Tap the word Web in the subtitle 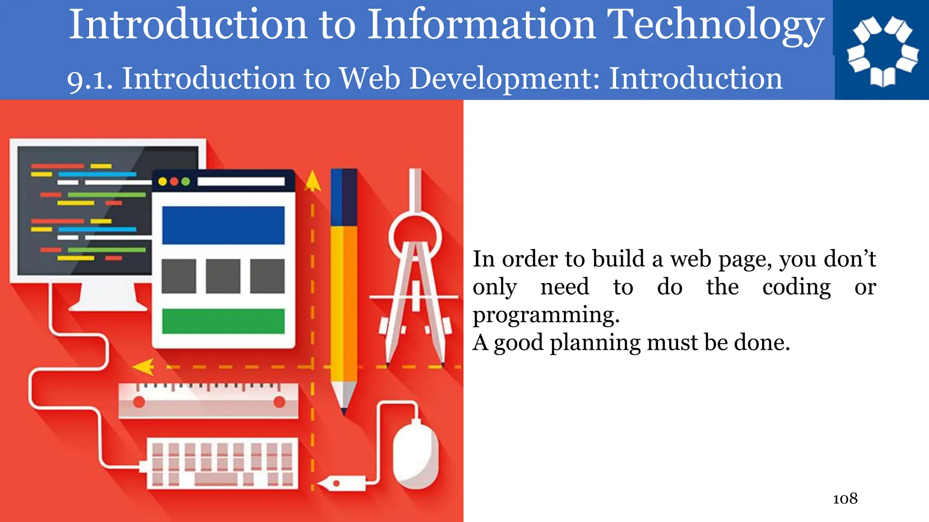(x=369, y=78)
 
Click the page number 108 (x=845, y=499)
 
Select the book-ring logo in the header (x=882, y=51)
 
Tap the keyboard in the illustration (x=222, y=463)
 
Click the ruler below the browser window (x=209, y=401)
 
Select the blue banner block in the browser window (x=223, y=225)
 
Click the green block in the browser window (x=223, y=321)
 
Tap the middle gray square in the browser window (x=223, y=276)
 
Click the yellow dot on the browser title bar (x=162, y=182)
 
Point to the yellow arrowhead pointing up (x=312, y=181)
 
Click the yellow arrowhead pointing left (x=144, y=367)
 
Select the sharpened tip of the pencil (x=344, y=399)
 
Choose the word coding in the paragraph (x=796, y=287)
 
